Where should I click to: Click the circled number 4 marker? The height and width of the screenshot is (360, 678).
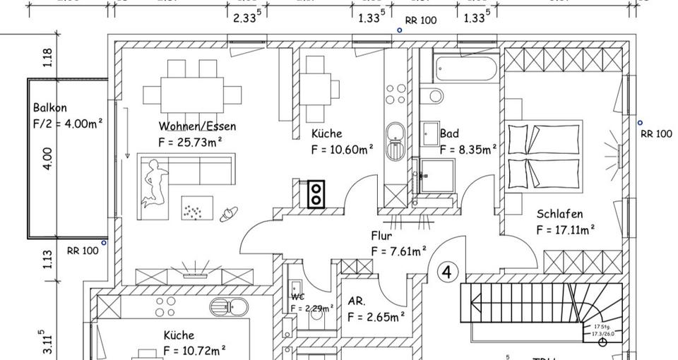click(x=448, y=272)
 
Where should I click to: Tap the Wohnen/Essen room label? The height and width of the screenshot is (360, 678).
click(x=197, y=127)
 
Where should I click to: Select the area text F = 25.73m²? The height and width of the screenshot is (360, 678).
click(x=191, y=142)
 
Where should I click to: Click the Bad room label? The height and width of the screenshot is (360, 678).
click(x=449, y=133)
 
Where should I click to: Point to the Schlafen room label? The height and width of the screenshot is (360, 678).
click(x=559, y=214)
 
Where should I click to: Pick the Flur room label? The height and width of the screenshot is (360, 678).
click(x=381, y=236)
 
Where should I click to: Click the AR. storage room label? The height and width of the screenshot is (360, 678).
click(x=357, y=301)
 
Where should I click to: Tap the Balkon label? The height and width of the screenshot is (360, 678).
click(x=50, y=108)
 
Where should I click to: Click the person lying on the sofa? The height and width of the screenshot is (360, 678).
click(x=155, y=183)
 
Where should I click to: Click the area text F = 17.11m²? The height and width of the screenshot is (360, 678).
click(x=565, y=229)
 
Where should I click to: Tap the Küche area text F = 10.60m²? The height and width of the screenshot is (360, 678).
click(x=343, y=149)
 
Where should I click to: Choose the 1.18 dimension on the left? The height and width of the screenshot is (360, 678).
click(x=48, y=57)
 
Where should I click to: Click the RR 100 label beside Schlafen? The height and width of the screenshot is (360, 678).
click(x=656, y=133)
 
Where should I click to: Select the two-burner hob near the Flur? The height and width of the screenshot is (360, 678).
click(x=316, y=194)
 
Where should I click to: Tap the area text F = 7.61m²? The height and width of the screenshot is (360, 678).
click(x=398, y=251)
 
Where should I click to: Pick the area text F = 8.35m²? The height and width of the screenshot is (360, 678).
click(x=468, y=149)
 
